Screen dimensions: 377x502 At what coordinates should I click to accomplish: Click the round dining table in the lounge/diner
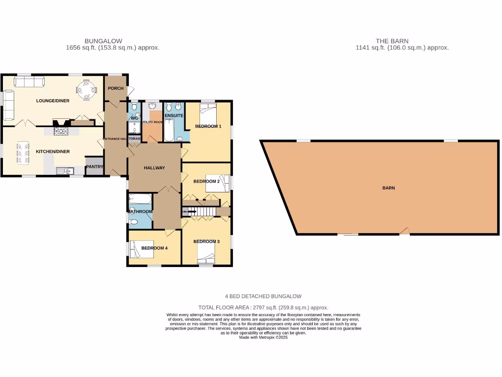(86, 89)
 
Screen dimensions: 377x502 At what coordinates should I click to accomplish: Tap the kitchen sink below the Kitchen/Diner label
(64, 171)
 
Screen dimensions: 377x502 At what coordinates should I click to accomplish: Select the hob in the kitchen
(61, 131)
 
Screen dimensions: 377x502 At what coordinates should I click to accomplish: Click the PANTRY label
(95, 167)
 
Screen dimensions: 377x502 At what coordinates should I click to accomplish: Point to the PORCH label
(116, 88)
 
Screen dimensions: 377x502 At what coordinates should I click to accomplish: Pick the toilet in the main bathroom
(134, 222)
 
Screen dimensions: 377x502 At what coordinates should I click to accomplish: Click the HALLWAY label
(154, 168)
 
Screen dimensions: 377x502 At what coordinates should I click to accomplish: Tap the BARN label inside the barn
(389, 188)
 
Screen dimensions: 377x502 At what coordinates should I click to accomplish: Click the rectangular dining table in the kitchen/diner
(22, 153)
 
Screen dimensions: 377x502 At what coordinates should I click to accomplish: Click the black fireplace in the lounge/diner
(62, 123)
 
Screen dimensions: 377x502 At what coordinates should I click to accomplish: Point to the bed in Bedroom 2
(217, 183)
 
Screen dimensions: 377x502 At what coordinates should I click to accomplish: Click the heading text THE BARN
(392, 41)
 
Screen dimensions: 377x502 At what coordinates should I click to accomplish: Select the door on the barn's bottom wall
(404, 231)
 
